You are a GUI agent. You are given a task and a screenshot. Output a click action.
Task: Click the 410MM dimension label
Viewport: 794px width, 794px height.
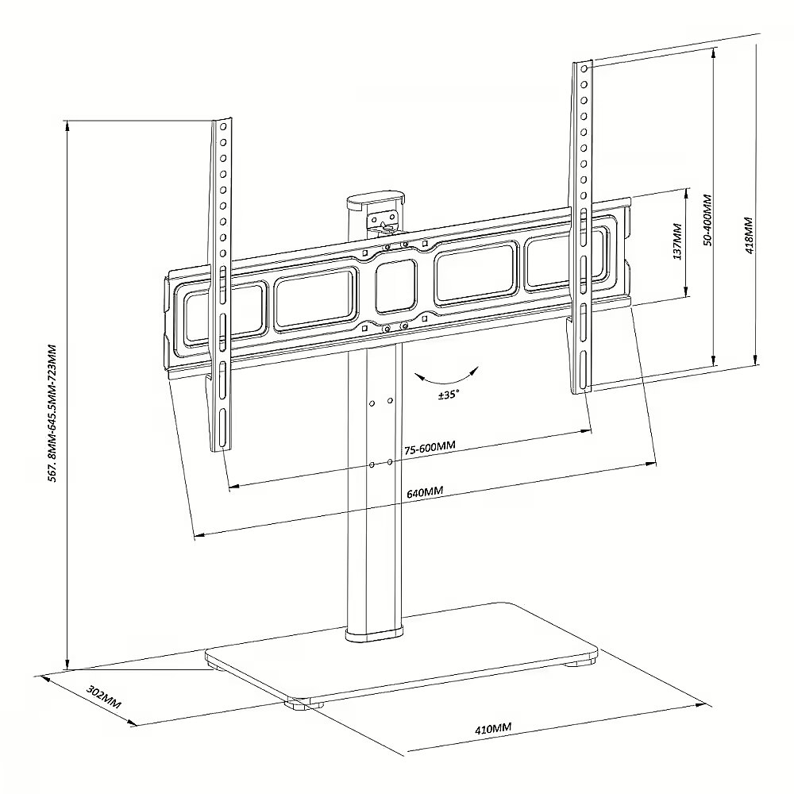[493, 728]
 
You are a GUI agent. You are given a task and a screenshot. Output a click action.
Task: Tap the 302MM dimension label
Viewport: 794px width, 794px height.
[104, 697]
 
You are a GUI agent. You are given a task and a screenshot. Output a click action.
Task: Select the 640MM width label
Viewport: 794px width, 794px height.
[425, 491]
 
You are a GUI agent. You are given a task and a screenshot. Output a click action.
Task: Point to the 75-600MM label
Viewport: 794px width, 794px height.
[430, 448]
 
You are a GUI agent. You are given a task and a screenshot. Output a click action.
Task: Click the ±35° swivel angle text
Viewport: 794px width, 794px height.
[449, 395]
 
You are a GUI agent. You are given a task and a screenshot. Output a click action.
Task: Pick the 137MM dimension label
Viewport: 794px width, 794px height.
[677, 241]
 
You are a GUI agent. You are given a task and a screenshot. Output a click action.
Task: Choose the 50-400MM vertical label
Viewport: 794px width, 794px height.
[707, 220]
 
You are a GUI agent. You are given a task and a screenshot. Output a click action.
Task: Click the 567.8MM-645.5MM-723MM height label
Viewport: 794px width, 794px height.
[52, 413]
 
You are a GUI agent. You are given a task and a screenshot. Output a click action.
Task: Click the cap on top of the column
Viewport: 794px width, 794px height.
[376, 199]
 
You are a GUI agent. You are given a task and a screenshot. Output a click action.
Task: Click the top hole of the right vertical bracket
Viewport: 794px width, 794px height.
[584, 68]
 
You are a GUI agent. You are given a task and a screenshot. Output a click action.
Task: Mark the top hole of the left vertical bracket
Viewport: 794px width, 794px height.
[223, 126]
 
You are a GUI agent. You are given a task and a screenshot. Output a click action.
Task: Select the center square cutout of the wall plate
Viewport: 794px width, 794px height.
[396, 287]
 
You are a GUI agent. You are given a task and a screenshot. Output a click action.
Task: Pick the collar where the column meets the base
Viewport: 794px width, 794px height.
[376, 635]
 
